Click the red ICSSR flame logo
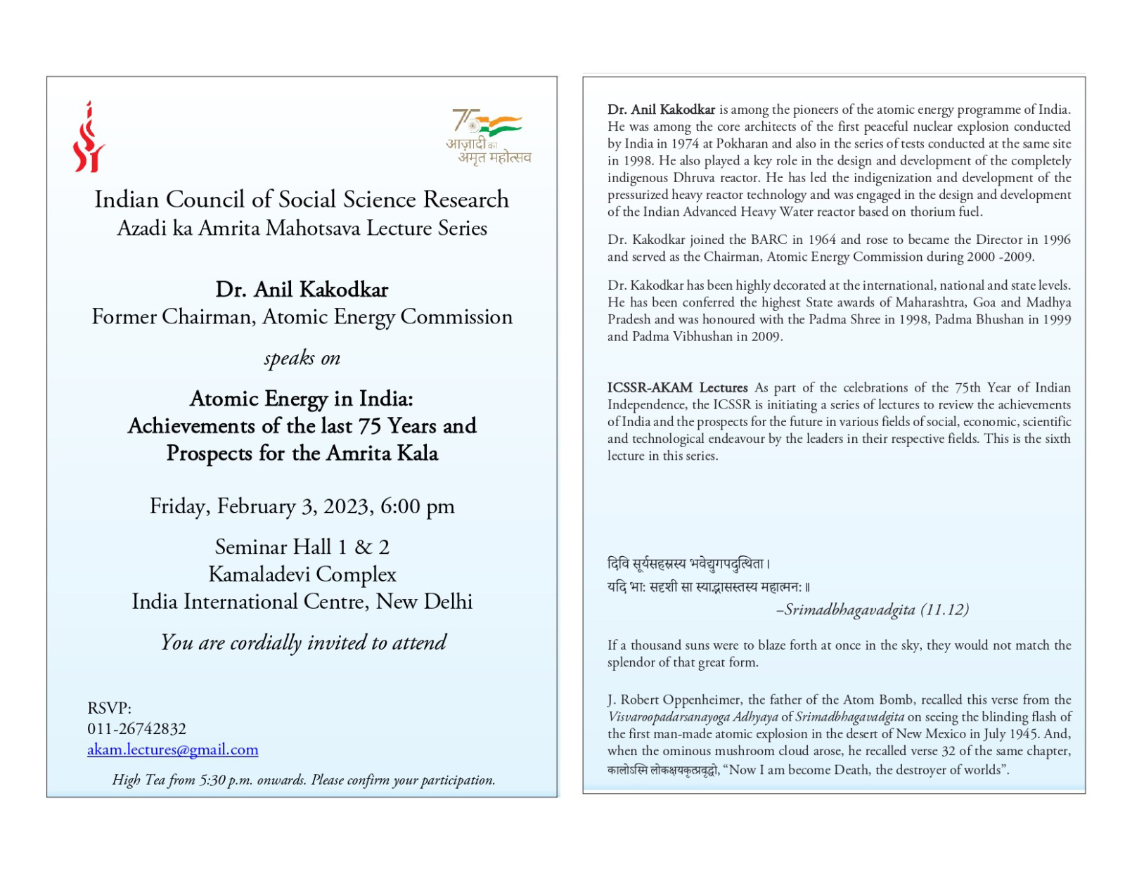click(89, 138)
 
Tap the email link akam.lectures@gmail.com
click(173, 749)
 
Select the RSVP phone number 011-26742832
click(137, 728)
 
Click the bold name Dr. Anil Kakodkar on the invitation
click(302, 290)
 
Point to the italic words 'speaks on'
click(302, 359)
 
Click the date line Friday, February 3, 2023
click(302, 506)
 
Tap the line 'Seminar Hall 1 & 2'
click(302, 547)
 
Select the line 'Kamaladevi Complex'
click(302, 574)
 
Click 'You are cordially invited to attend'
click(303, 642)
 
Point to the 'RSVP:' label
click(110, 708)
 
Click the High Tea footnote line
click(304, 780)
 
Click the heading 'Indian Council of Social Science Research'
click(302, 200)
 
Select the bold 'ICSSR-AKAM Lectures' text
click(678, 387)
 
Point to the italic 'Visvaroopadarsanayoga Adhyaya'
click(693, 717)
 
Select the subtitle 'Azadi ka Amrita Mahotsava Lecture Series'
click(302, 228)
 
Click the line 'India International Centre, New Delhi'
click(302, 602)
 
